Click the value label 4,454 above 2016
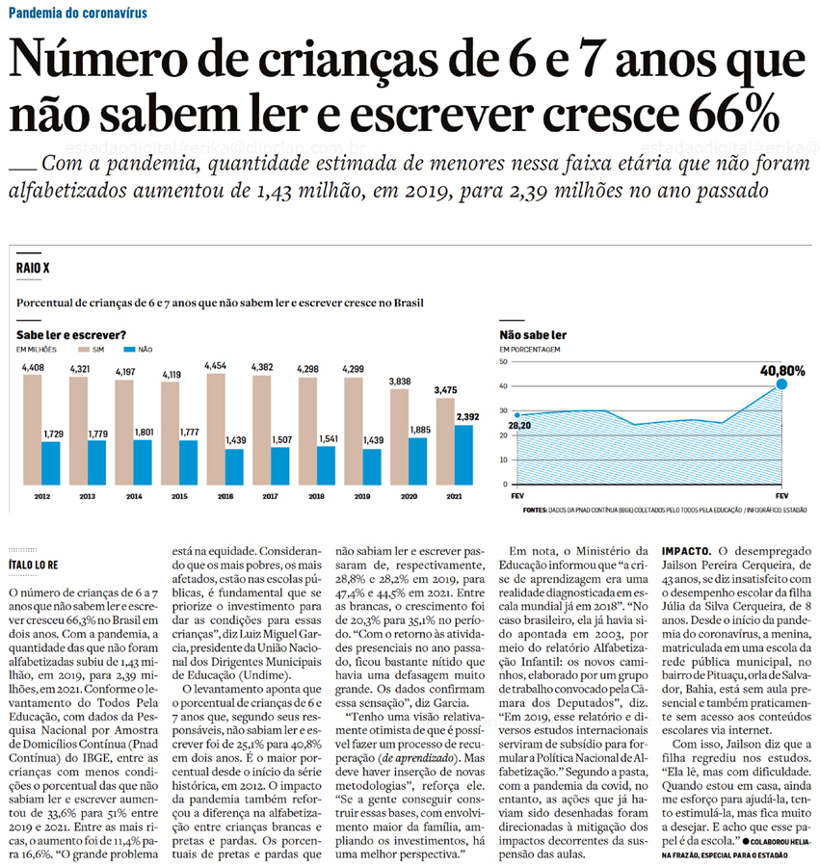tap(216, 366)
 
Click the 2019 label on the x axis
tap(364, 497)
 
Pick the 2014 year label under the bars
tap(134, 497)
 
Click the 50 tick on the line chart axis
tap(503, 362)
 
